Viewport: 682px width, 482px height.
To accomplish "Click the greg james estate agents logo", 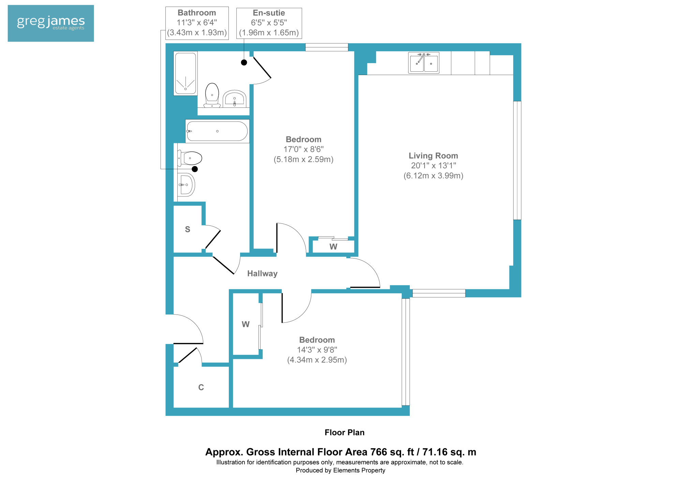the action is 51,23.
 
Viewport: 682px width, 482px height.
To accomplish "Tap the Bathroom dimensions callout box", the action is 197,23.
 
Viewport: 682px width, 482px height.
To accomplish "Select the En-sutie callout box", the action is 269,23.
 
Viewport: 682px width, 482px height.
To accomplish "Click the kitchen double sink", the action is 424,63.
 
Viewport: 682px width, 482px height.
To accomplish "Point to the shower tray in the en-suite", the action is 186,73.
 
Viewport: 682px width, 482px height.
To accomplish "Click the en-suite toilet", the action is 212,95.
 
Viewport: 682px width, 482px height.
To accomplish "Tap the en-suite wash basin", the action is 235,99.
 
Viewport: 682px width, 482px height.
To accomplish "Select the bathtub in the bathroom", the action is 217,131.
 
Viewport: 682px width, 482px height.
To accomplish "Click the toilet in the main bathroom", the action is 190,158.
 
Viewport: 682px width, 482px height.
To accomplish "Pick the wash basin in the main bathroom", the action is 186,185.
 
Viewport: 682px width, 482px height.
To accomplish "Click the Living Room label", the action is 433,156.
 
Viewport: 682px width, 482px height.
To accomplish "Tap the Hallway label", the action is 262,274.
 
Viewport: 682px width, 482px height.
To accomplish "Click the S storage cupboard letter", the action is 188,229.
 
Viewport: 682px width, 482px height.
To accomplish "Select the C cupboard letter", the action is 201,387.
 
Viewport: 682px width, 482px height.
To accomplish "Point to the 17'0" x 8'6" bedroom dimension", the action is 303,149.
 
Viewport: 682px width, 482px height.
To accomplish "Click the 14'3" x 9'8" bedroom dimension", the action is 317,350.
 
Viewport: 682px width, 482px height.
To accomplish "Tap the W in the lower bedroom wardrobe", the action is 246,324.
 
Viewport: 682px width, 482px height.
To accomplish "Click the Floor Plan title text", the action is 344,433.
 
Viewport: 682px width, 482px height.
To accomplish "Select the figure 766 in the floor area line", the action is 379,452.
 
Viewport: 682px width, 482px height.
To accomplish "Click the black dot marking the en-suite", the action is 244,62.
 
